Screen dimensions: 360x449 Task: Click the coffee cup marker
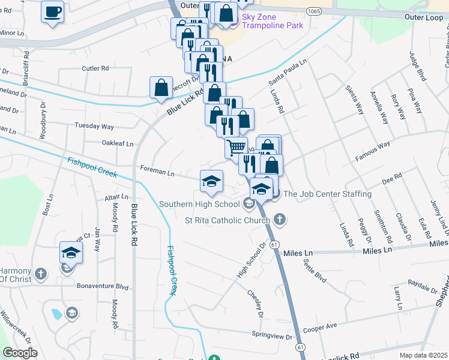tap(53, 11)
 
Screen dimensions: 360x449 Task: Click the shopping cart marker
tap(236, 146)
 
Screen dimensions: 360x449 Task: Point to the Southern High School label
tap(199, 204)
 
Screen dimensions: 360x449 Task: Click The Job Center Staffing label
tap(327, 194)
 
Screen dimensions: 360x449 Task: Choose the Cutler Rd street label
tap(95, 68)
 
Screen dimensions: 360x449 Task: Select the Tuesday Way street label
tap(94, 126)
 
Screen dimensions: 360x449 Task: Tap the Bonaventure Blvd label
tap(102, 287)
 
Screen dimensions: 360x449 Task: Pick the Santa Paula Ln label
tap(288, 71)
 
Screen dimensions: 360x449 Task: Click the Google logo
tap(20, 353)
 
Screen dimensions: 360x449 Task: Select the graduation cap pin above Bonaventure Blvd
tap(71, 253)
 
